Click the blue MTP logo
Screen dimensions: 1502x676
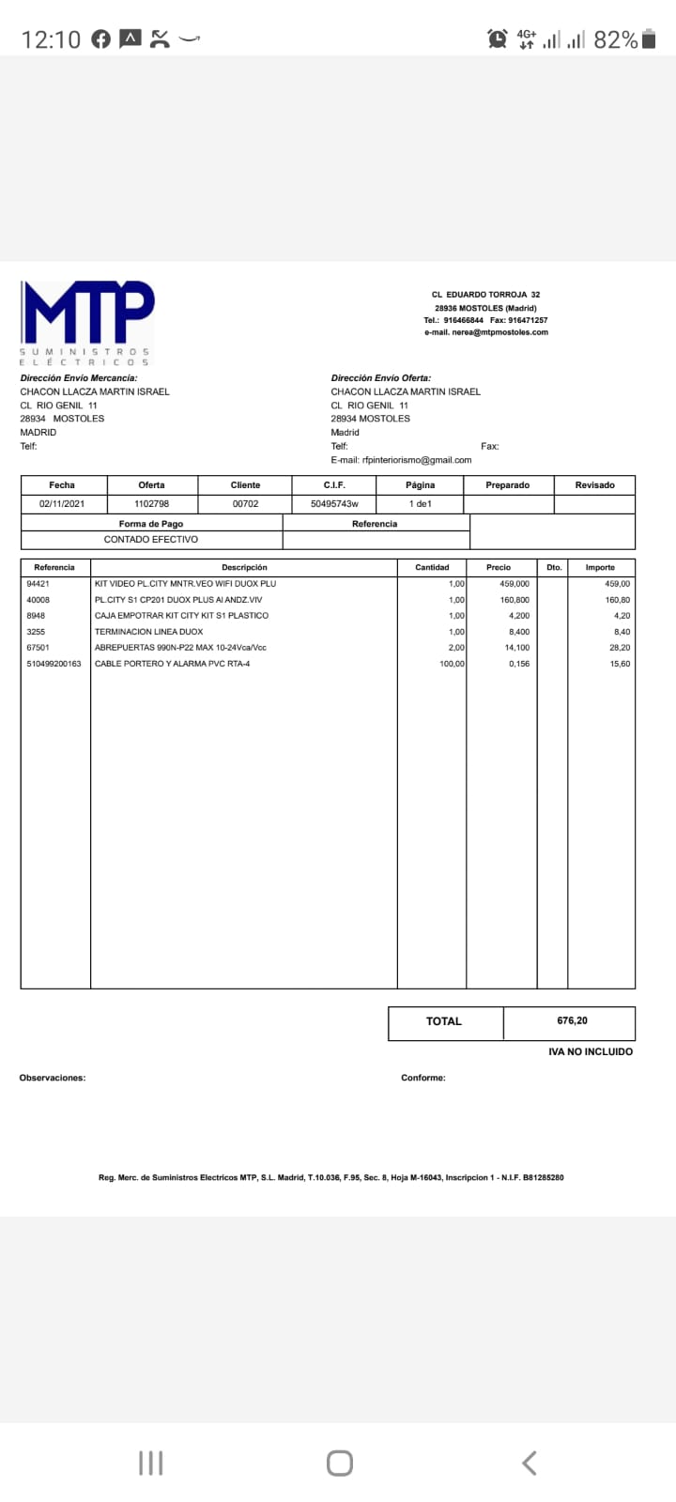tap(88, 313)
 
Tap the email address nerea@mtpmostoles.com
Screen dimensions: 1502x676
tap(485, 332)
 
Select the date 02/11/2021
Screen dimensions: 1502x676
tap(62, 504)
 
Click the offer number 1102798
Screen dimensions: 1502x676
tap(151, 504)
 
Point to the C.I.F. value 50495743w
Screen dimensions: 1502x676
tap(334, 504)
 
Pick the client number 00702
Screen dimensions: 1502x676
tap(245, 504)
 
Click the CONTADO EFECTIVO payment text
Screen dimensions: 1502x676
tap(151, 540)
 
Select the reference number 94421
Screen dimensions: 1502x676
tap(38, 584)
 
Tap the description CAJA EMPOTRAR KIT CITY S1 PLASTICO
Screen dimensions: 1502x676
tap(181, 616)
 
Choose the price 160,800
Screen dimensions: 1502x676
tap(515, 600)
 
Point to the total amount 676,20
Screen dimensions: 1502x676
tap(572, 1020)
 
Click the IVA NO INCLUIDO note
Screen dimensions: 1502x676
tap(591, 1052)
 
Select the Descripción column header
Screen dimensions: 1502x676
tap(244, 568)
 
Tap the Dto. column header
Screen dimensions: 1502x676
tap(554, 568)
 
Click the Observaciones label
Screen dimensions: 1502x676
tap(53, 1078)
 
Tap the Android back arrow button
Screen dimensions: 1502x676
tap(529, 1463)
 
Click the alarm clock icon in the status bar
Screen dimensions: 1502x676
tap(497, 38)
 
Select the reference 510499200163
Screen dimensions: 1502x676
tap(54, 664)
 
